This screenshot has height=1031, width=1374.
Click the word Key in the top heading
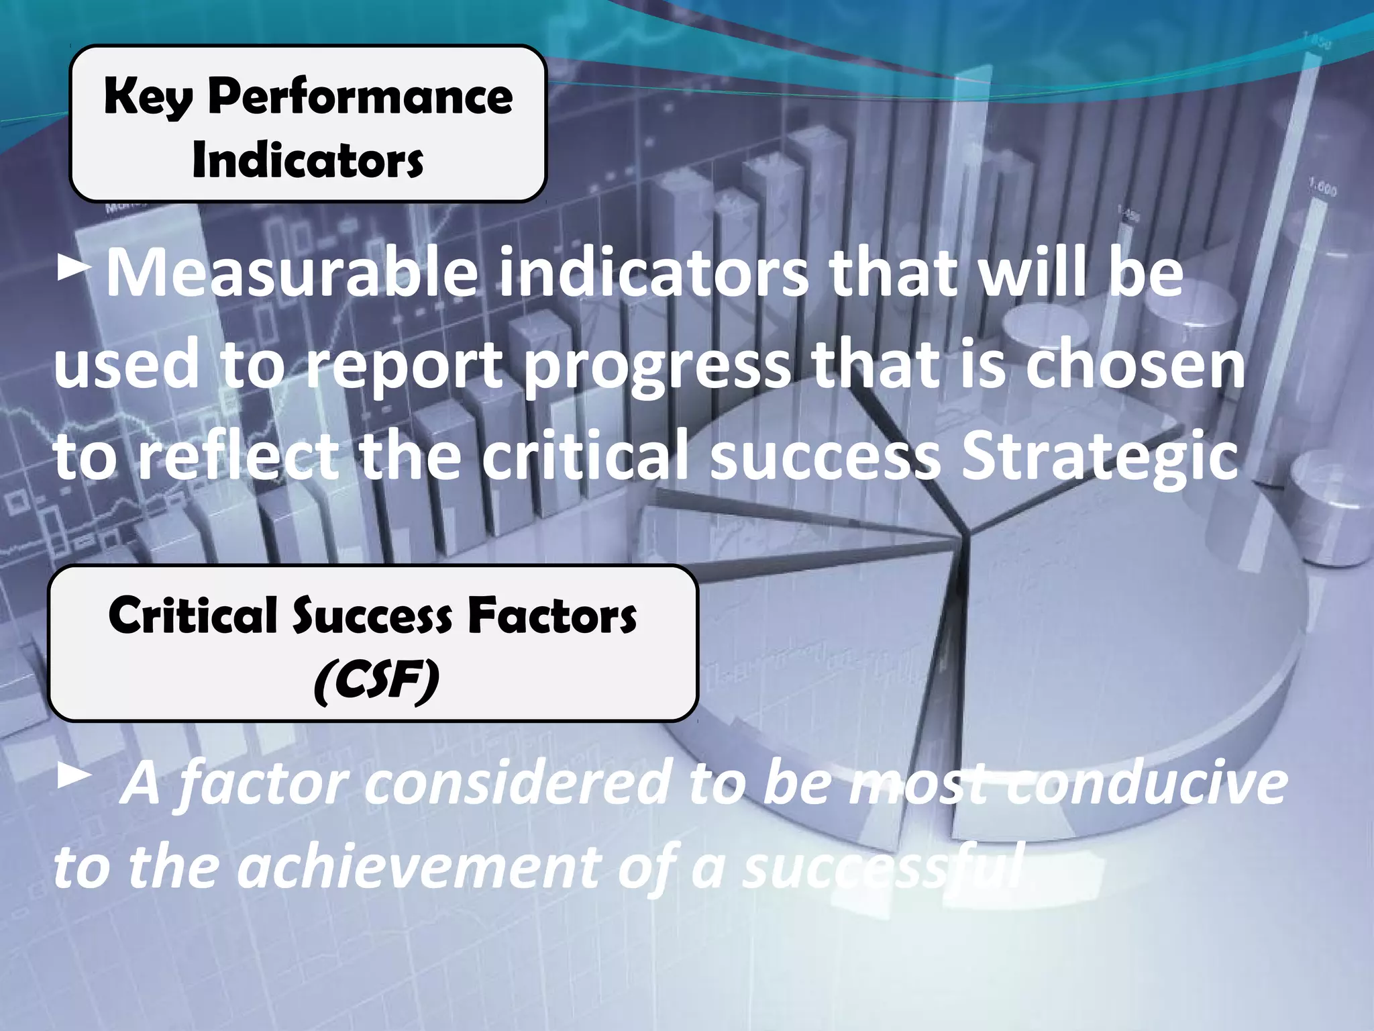(148, 97)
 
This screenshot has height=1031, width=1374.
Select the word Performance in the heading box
(360, 97)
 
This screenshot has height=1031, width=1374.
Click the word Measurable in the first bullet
(292, 273)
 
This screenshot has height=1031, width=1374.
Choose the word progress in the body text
(657, 366)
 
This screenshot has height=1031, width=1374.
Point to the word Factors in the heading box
(552, 616)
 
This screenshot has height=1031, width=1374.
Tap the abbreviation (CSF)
(376, 680)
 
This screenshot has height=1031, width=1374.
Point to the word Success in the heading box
(372, 616)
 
